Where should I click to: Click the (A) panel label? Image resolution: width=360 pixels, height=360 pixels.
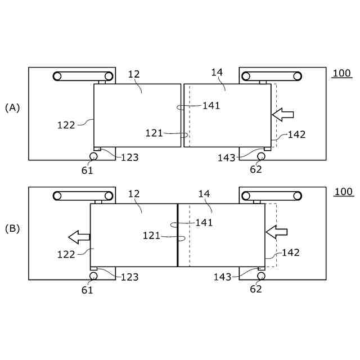pos(12,107)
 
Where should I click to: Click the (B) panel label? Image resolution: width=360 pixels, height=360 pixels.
pos(12,229)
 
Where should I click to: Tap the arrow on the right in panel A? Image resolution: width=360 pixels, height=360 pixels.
pos(283,114)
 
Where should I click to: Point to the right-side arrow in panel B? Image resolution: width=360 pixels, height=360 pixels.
pos(276,231)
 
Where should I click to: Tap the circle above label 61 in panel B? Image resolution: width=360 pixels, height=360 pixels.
pos(93,276)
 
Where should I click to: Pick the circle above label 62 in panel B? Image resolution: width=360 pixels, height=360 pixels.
pos(260,276)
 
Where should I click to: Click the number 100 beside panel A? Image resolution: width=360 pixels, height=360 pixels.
pos(341,74)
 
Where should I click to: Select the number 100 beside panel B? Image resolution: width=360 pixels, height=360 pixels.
pos(343,192)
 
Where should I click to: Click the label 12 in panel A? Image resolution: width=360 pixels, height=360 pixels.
pos(134,74)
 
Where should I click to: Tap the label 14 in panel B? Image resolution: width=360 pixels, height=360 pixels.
pos(204,194)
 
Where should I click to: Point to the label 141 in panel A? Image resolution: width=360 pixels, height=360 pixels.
pos(211,105)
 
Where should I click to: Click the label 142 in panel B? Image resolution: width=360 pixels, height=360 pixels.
pos(291,253)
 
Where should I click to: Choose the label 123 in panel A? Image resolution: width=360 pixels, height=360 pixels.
pos(129,157)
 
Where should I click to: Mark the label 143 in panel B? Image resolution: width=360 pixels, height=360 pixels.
pos(222,277)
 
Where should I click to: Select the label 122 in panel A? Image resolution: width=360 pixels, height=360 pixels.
pos(66,125)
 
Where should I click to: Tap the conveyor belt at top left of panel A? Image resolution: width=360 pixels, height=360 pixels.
pos(83,76)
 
